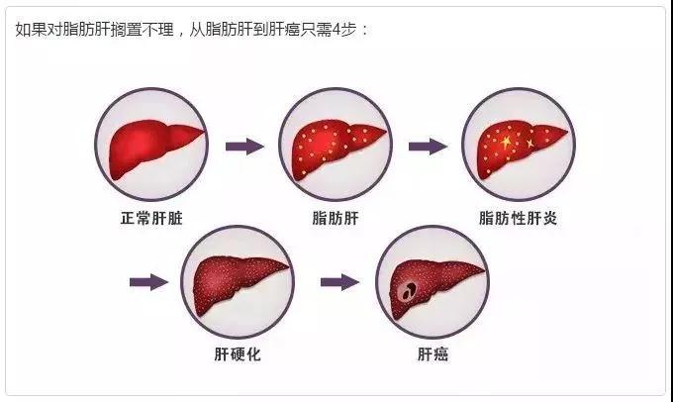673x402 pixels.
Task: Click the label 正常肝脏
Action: pyautogui.click(x=151, y=218)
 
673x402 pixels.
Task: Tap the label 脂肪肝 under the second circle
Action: pyautogui.click(x=336, y=218)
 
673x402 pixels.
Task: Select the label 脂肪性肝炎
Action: pyautogui.click(x=518, y=218)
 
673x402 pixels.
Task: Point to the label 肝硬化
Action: pyautogui.click(x=238, y=354)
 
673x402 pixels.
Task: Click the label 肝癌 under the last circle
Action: pyautogui.click(x=433, y=354)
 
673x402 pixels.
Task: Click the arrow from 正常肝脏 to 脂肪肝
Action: pyautogui.click(x=244, y=147)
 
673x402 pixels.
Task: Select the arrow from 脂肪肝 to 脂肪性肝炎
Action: pyautogui.click(x=428, y=147)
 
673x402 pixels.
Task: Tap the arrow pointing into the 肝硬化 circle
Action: pyautogui.click(x=148, y=282)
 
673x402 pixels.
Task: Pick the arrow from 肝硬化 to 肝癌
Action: pyautogui.click(x=339, y=282)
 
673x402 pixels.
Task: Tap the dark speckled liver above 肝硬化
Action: pyautogui.click(x=237, y=283)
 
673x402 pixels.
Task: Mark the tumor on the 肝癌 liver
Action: pyautogui.click(x=406, y=292)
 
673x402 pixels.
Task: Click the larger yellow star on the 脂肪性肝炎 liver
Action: pyautogui.click(x=506, y=142)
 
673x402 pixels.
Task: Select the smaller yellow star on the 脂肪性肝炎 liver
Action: pyautogui.click(x=530, y=143)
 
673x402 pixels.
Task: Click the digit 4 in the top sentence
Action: pyautogui.click(x=336, y=30)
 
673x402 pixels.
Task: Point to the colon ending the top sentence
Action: pyautogui.click(x=365, y=31)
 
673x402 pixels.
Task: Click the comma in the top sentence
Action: pyautogui.click(x=181, y=35)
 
